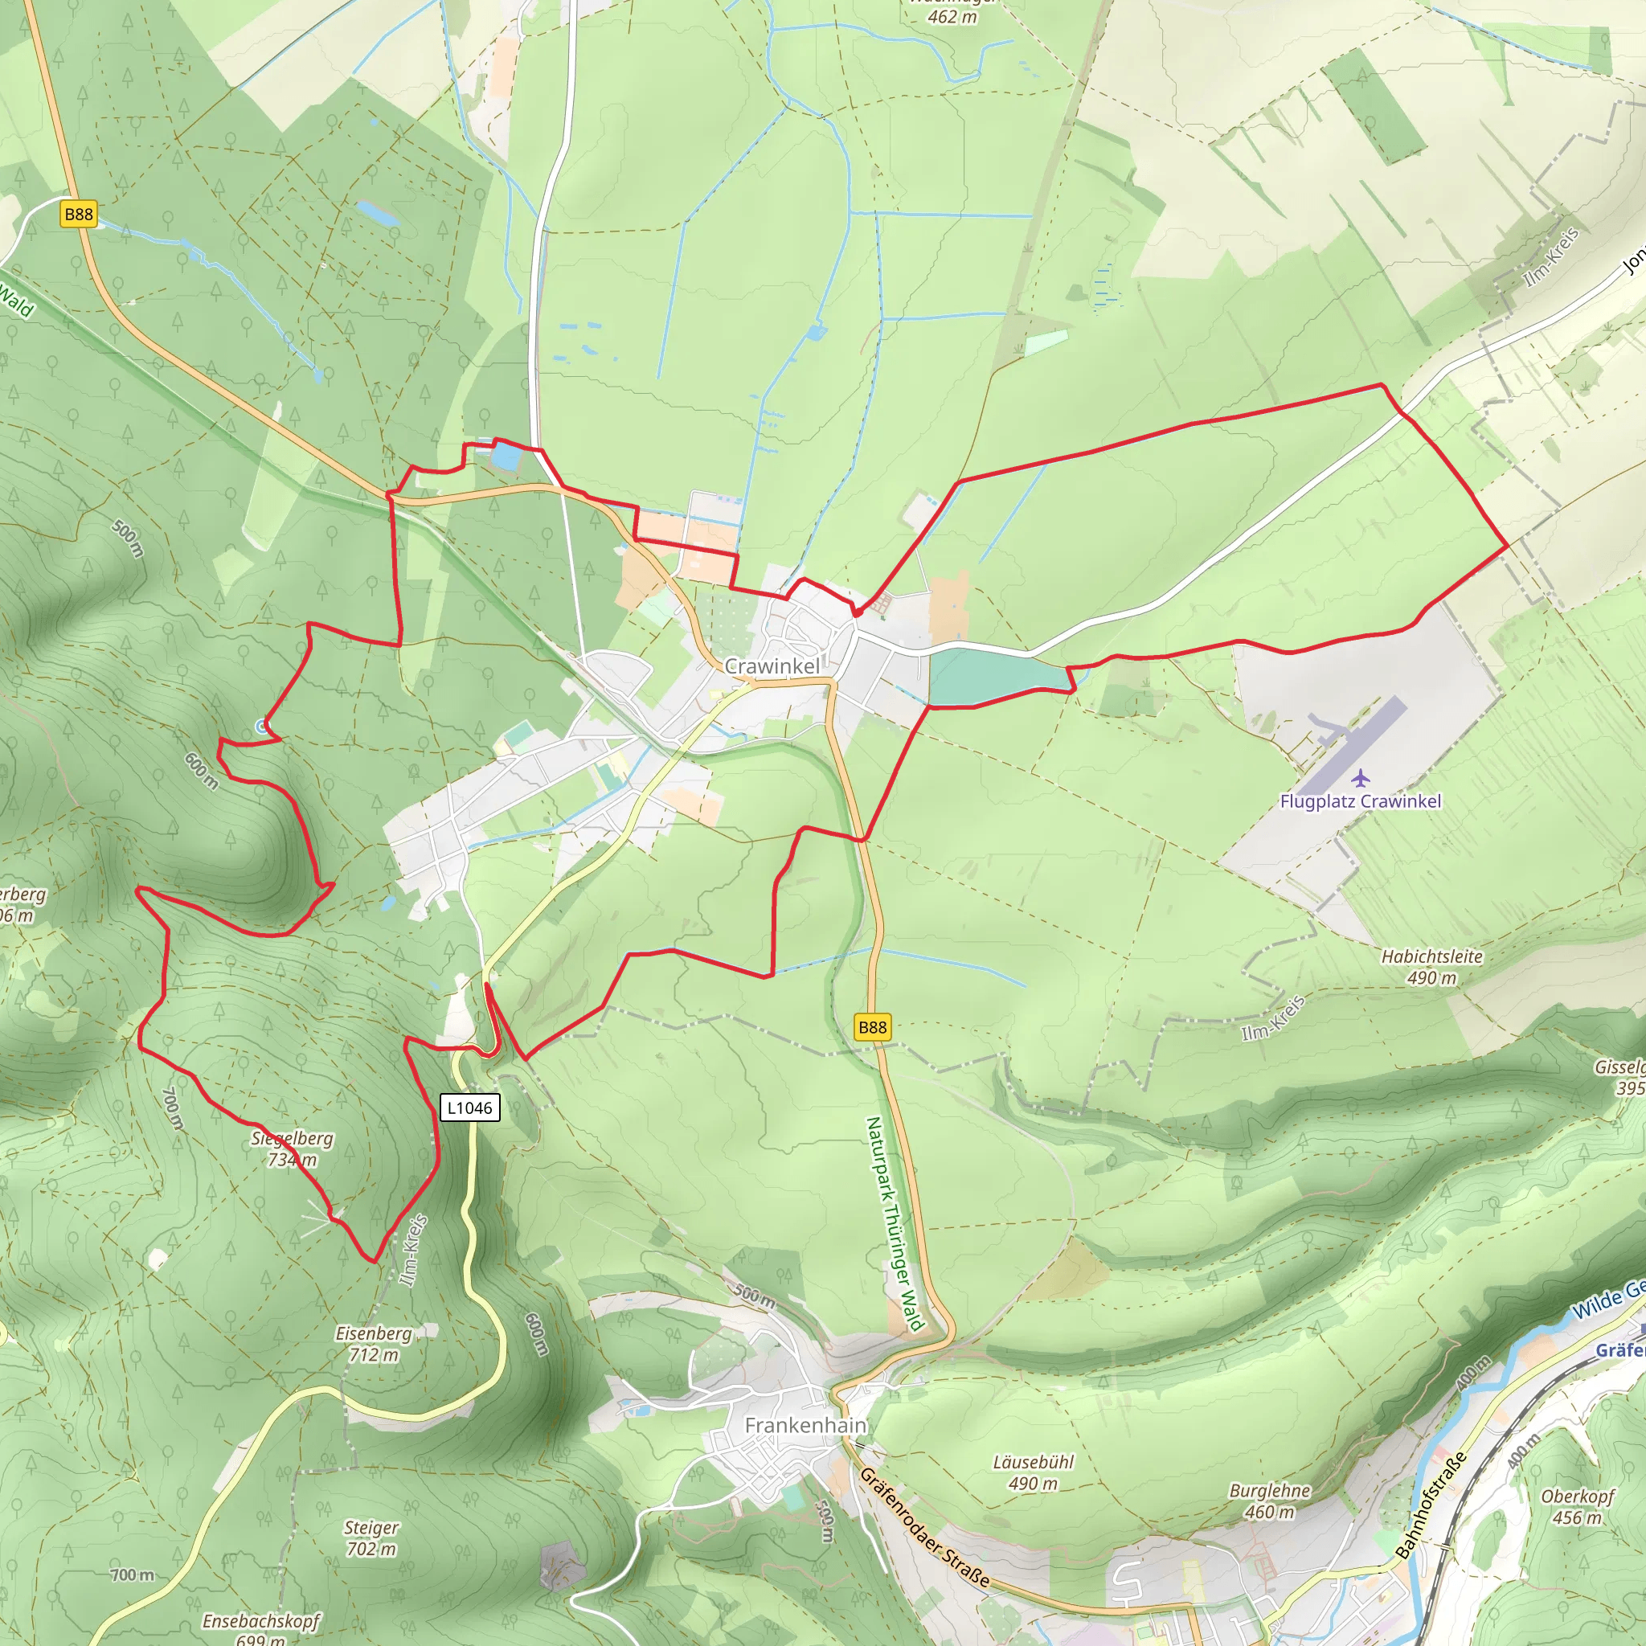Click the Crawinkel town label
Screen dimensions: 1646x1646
772,666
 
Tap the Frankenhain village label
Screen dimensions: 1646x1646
805,1425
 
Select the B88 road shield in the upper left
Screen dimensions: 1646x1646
80,214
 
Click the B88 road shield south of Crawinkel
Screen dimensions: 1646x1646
872,1026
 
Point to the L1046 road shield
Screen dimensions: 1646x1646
469,1108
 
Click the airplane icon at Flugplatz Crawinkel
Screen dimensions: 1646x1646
1361,777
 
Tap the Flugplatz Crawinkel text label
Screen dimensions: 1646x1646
1361,800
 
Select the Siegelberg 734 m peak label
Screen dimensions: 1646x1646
293,1149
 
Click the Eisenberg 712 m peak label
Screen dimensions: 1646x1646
373,1344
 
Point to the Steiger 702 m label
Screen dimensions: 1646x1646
371,1537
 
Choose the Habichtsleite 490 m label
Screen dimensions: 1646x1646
1431,967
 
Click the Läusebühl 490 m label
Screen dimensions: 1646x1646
1034,1472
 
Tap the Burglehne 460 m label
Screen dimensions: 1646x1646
1269,1501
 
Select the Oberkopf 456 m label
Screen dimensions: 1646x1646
1578,1507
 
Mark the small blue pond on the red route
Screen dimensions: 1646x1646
506,457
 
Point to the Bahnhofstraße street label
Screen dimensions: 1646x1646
1431,1505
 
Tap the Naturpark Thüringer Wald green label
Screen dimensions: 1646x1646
895,1223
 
